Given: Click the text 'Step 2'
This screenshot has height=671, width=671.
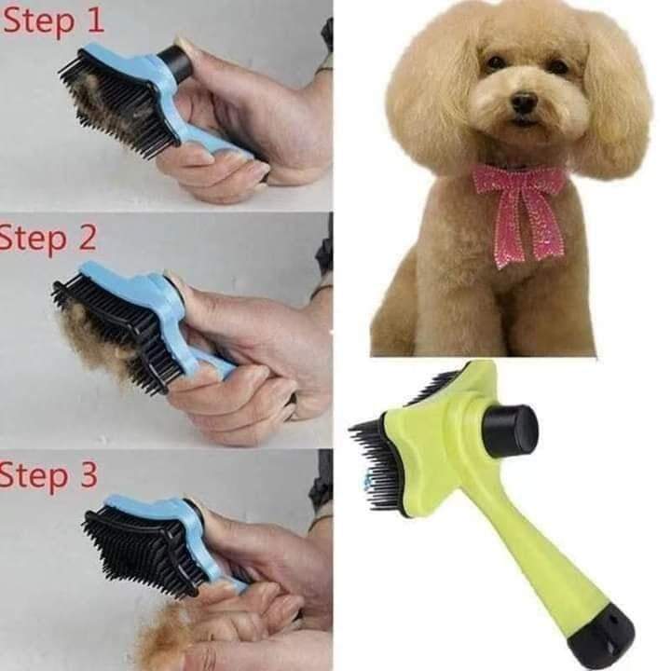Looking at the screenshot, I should pyautogui.click(x=48, y=238).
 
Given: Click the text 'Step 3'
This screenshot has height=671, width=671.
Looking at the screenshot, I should pyautogui.click(x=48, y=474).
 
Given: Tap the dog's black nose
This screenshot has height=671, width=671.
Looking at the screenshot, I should pyautogui.click(x=523, y=101).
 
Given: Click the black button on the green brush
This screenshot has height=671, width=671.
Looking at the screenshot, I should pyautogui.click(x=511, y=431).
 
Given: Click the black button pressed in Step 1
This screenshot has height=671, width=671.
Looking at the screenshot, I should pyautogui.click(x=174, y=63).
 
